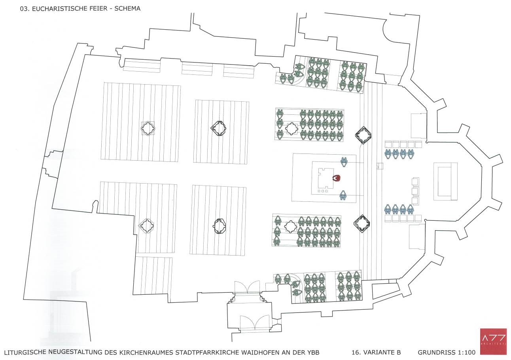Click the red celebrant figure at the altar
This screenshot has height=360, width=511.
click(337, 178)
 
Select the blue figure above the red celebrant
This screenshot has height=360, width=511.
click(344, 161)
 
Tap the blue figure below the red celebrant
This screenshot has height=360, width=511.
click(343, 195)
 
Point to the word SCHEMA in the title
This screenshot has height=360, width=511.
click(127, 9)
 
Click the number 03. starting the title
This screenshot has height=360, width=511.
click(25, 9)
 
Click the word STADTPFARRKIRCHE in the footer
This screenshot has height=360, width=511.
click(210, 352)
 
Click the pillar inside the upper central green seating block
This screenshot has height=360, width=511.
click(291, 129)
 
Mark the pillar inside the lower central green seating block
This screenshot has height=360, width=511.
click(290, 227)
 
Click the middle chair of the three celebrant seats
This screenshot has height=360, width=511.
click(416, 191)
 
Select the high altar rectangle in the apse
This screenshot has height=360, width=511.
click(445, 181)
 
